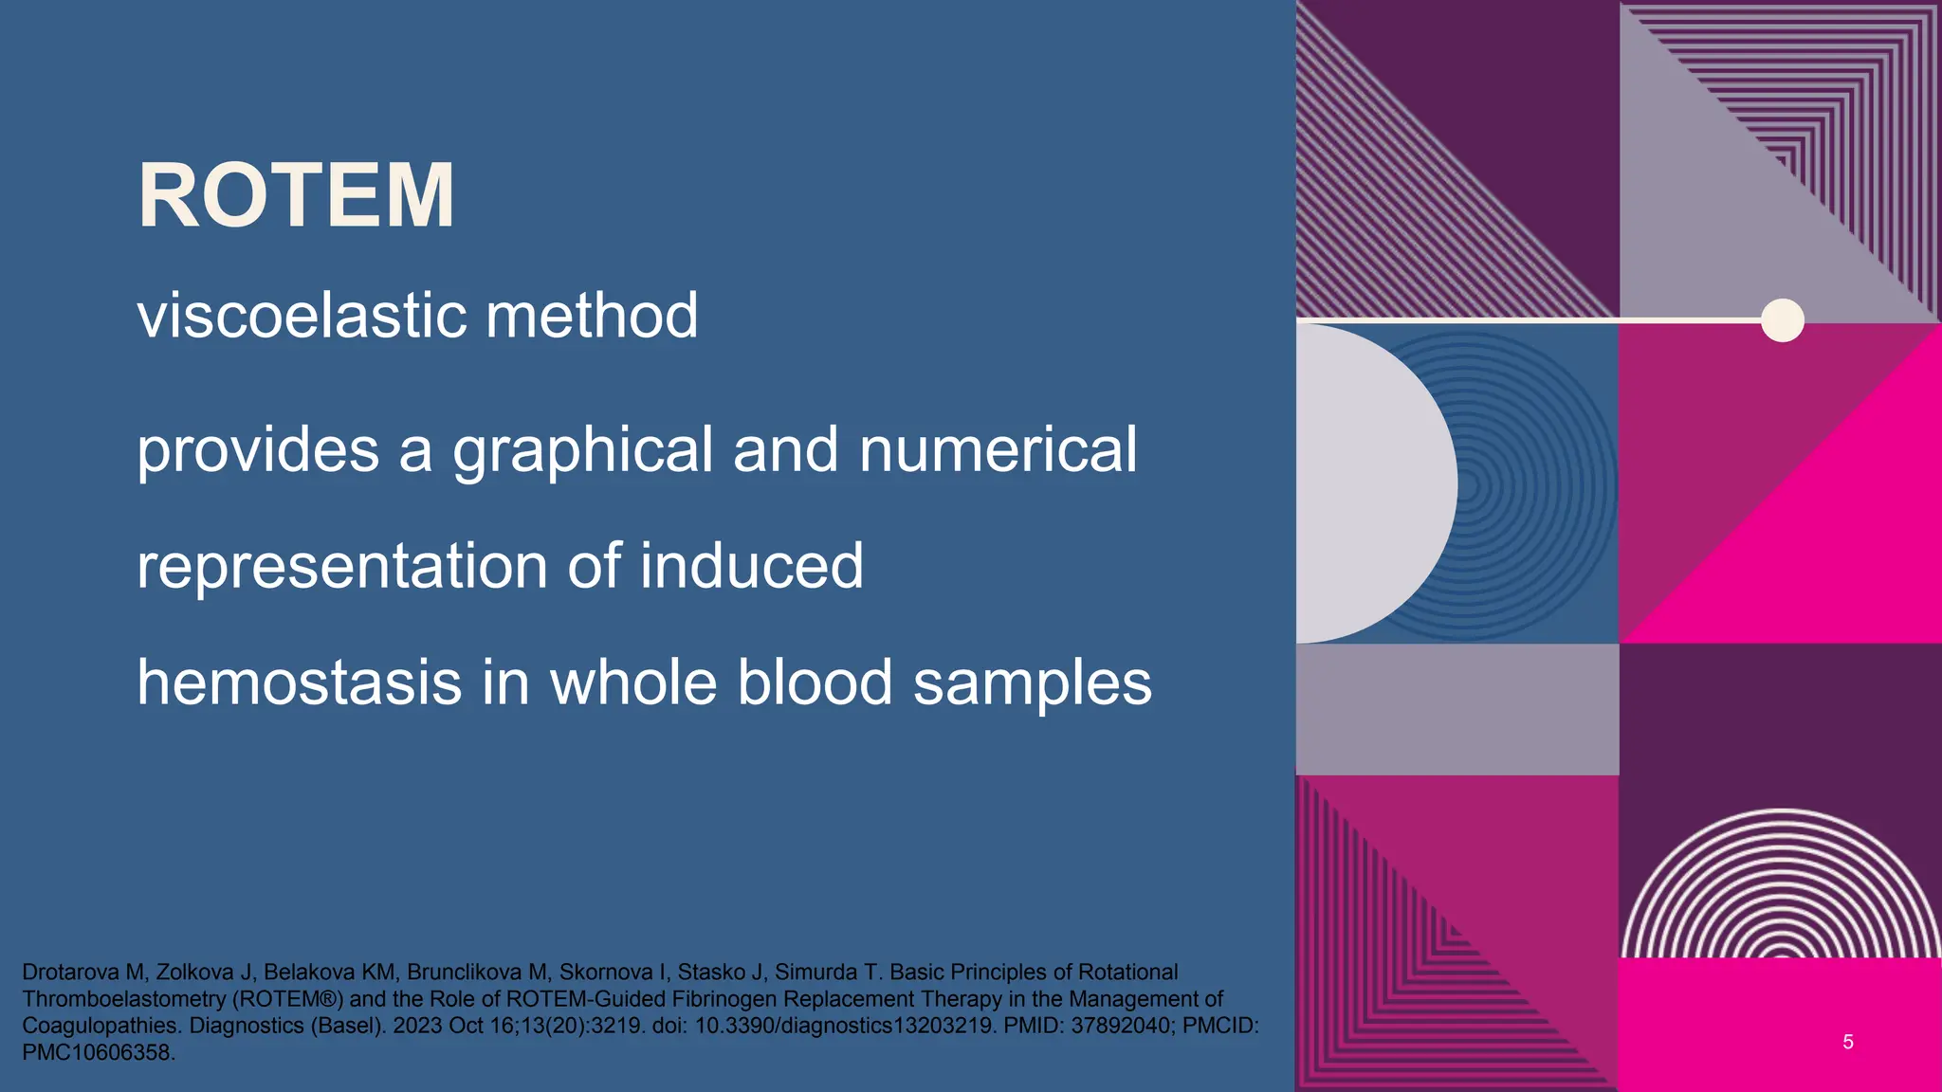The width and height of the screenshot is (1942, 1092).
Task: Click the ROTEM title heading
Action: pyautogui.click(x=296, y=195)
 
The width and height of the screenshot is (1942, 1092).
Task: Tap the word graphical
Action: pyautogui.click(x=582, y=451)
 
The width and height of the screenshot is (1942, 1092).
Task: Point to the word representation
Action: pyautogui.click(x=341, y=567)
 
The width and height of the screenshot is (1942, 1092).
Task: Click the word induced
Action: pyautogui.click(x=751, y=566)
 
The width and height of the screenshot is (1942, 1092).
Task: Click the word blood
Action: pyautogui.click(x=815, y=682)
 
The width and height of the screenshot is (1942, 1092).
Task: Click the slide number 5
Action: pyautogui.click(x=1847, y=1042)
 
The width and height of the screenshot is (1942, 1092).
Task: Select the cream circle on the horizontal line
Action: pyautogui.click(x=1782, y=320)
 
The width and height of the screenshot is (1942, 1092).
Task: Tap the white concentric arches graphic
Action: pyautogui.click(x=1781, y=886)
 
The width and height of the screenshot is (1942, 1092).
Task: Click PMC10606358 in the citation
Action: pyautogui.click(x=98, y=1052)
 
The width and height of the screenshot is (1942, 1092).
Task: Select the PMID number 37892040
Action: pyautogui.click(x=1120, y=1026)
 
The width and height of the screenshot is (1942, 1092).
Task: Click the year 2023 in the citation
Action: pyautogui.click(x=417, y=1026)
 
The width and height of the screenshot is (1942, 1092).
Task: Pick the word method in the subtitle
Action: pyautogui.click(x=592, y=316)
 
